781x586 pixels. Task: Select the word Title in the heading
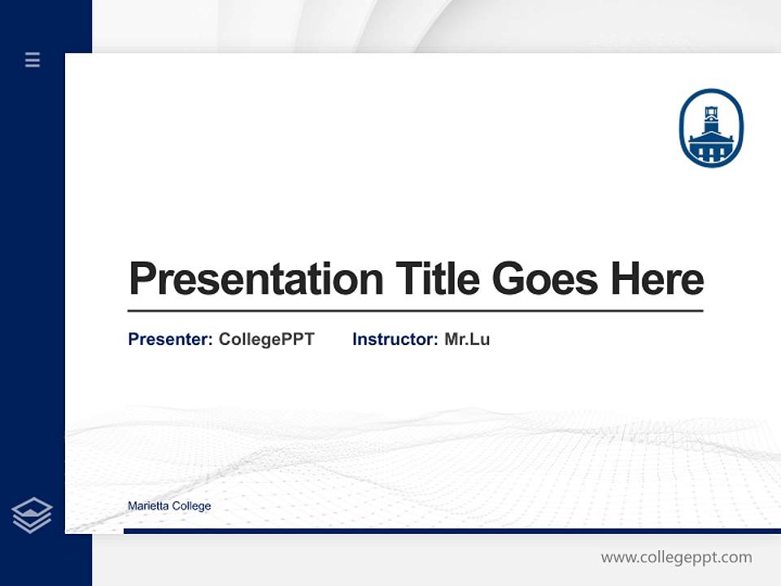pyautogui.click(x=437, y=278)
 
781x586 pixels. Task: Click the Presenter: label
pyautogui.click(x=170, y=339)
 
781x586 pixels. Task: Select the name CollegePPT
pyautogui.click(x=266, y=339)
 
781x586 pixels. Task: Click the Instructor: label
pyautogui.click(x=395, y=339)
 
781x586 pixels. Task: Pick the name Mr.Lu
pyautogui.click(x=467, y=339)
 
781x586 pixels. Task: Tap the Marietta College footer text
pyautogui.click(x=169, y=506)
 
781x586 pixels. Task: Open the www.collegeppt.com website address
pyautogui.click(x=676, y=558)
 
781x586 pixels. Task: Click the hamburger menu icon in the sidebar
pyautogui.click(x=33, y=59)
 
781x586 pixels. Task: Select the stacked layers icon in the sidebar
pyautogui.click(x=32, y=515)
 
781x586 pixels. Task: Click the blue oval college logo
pyautogui.click(x=711, y=128)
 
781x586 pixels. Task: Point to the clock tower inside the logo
pyautogui.click(x=711, y=116)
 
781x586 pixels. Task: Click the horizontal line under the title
pyautogui.click(x=415, y=311)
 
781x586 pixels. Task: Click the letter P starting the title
pyautogui.click(x=142, y=279)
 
